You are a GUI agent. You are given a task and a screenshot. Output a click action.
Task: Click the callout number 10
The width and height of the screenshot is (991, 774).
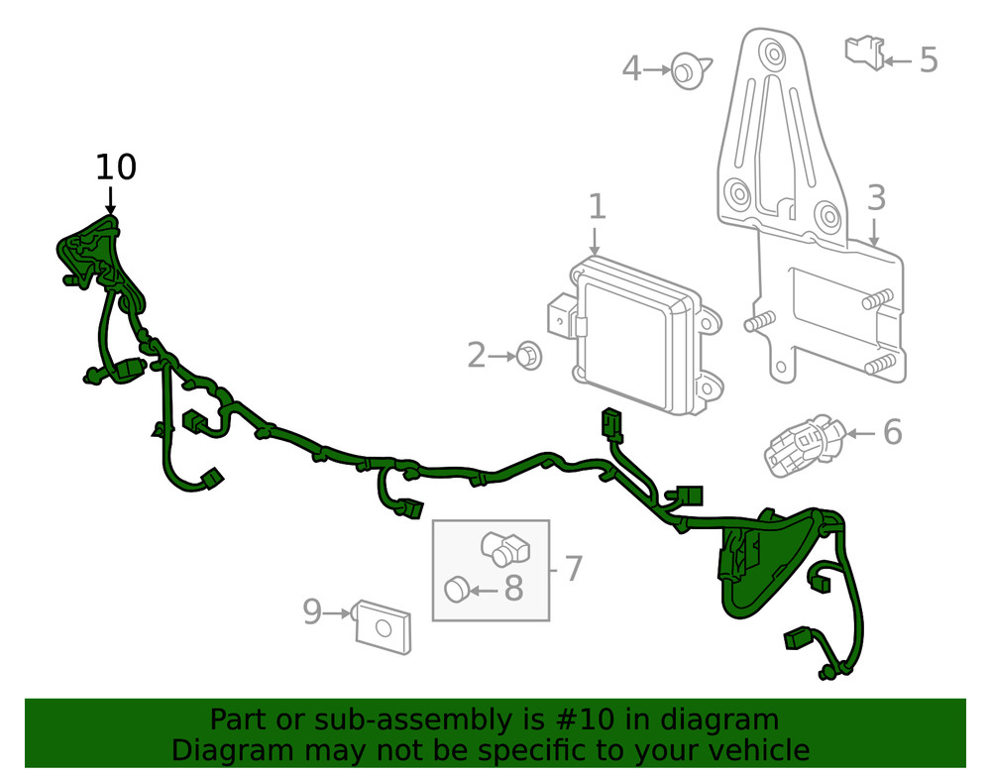click(116, 167)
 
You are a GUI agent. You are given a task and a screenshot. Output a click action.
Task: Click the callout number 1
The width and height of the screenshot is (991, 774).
click(596, 207)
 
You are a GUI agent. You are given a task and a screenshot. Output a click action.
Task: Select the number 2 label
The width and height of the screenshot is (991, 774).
click(477, 355)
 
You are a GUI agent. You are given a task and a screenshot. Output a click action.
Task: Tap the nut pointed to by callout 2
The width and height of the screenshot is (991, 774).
click(529, 355)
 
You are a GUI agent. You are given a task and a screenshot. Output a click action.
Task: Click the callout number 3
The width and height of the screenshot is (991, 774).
click(876, 199)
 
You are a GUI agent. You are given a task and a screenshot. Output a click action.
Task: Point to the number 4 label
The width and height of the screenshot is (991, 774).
click(632, 68)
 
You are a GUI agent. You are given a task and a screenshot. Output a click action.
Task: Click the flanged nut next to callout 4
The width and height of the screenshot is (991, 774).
click(686, 71)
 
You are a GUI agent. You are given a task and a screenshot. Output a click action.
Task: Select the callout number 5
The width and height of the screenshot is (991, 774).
click(928, 59)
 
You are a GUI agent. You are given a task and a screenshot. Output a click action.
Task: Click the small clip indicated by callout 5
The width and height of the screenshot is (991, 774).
click(863, 51)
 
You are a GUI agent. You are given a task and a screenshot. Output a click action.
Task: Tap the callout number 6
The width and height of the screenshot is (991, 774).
click(892, 432)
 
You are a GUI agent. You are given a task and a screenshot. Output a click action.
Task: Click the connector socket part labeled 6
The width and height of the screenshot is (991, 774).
click(804, 443)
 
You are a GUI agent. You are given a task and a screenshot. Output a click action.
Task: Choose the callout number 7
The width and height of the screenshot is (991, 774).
click(573, 569)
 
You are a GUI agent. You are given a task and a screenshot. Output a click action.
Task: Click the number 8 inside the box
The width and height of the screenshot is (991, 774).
click(513, 589)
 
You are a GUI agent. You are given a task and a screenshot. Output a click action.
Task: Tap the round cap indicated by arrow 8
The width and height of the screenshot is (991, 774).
click(456, 589)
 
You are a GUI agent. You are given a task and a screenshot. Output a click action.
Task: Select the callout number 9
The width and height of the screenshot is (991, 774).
click(312, 612)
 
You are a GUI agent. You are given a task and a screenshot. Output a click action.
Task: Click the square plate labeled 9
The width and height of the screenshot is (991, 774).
click(384, 626)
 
